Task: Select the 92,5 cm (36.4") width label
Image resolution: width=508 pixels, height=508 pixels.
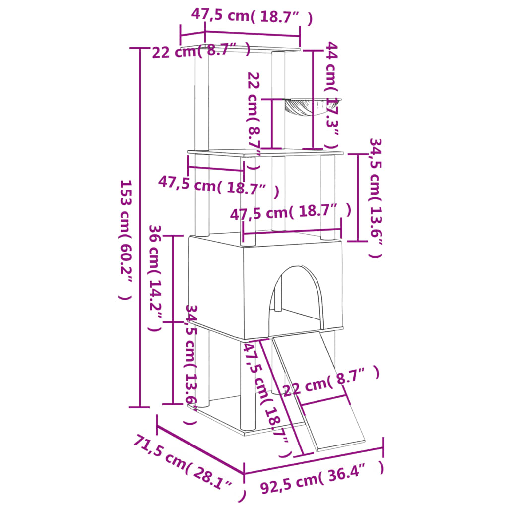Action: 322,480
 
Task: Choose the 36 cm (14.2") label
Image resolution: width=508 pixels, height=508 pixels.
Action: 156,278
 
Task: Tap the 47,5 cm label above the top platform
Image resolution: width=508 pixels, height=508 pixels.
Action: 252,16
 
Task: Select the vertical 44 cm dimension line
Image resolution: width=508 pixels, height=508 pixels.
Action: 313,99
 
